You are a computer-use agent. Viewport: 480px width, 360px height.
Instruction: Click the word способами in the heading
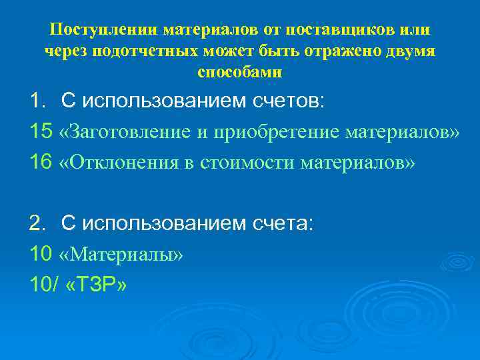point(240,71)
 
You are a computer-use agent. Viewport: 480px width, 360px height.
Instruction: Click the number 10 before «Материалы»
point(40,254)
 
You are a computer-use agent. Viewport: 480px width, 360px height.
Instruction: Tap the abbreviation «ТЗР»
point(97,285)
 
